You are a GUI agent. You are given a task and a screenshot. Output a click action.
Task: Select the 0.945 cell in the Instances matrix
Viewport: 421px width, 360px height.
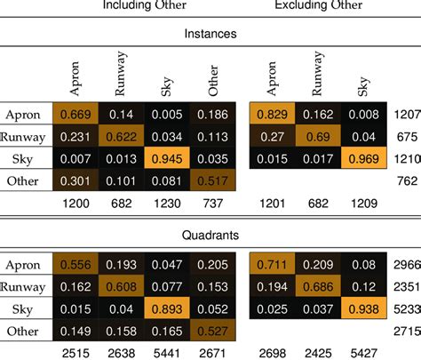pos(170,159)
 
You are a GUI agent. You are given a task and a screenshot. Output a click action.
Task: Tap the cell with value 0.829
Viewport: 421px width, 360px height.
pos(272,116)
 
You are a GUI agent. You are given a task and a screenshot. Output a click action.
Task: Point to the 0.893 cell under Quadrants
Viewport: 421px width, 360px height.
pos(170,307)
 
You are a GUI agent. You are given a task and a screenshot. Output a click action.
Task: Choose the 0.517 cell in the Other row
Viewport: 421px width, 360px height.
pos(215,181)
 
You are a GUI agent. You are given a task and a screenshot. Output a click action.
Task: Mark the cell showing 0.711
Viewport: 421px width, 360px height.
pos(272,264)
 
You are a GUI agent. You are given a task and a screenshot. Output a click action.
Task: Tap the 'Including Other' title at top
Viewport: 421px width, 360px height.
pos(141,5)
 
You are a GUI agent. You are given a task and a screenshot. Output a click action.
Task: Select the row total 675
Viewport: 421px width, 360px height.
pos(405,138)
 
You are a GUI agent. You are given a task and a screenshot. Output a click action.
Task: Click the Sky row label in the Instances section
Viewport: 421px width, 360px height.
pos(25,159)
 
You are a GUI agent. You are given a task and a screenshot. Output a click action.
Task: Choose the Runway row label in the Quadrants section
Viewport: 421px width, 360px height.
pos(25,285)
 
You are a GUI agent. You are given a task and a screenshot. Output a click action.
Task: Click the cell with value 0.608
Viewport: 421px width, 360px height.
pos(123,285)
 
